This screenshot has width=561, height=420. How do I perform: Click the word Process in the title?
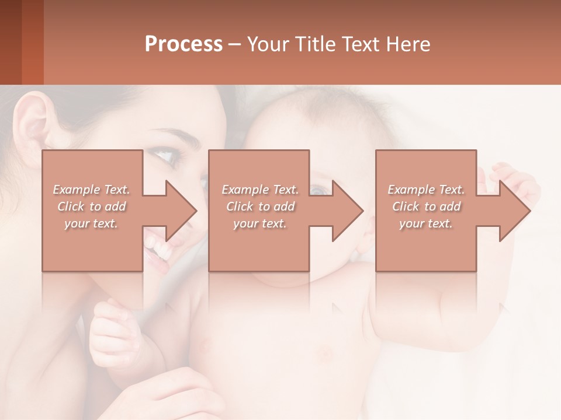click(183, 44)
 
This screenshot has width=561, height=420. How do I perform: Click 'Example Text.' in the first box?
click(91, 190)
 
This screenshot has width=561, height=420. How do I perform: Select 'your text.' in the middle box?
click(259, 223)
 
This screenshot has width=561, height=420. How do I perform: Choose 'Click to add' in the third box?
click(426, 206)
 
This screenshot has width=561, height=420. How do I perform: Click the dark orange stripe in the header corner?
click(32, 42)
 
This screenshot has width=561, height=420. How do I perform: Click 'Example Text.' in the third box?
click(426, 190)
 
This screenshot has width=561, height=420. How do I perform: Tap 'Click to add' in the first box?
click(91, 206)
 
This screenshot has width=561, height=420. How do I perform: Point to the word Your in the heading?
click(267, 44)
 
